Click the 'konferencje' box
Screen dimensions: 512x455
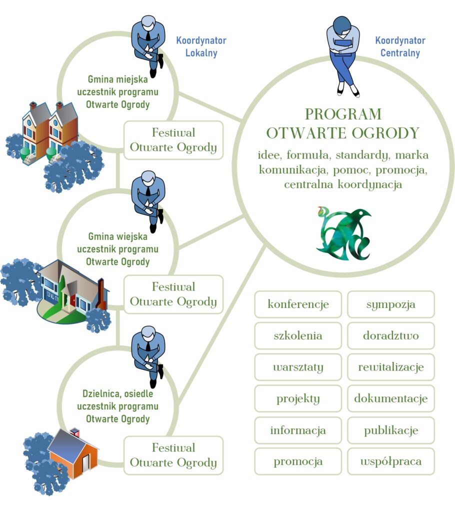[x=298, y=304]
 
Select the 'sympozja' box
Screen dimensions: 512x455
[x=391, y=304]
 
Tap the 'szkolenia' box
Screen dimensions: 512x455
[x=298, y=335]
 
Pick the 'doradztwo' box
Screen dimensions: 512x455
[x=391, y=335]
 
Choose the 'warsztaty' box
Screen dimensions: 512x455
[x=298, y=367]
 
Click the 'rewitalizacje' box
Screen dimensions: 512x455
[x=391, y=367]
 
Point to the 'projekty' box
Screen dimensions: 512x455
[x=298, y=398]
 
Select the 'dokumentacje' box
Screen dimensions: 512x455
[x=391, y=398]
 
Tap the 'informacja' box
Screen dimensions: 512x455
[x=298, y=430]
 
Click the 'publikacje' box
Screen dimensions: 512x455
[x=391, y=430]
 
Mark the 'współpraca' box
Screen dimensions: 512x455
[x=391, y=461]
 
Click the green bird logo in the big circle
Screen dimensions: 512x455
[x=343, y=232]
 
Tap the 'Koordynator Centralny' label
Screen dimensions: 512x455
[x=400, y=46]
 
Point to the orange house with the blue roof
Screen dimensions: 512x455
[x=74, y=452]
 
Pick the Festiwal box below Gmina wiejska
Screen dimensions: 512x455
[x=173, y=294]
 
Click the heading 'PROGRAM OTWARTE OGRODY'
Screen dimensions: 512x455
[x=342, y=123]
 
